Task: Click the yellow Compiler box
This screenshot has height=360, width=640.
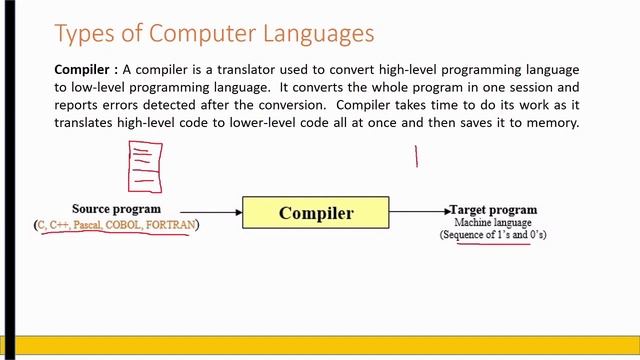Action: pos(316,212)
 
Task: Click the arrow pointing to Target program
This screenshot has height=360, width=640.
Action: pos(420,211)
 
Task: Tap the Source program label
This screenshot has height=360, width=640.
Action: pos(116,209)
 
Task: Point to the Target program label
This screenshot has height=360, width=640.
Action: pos(494,210)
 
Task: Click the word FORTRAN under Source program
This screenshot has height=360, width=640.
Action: pos(170,225)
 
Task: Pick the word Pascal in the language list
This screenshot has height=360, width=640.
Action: pos(87,225)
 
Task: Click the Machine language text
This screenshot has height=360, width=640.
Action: pos(493,222)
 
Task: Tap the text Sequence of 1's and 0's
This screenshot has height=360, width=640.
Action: pos(493,235)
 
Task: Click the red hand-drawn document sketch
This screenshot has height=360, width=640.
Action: pos(145,166)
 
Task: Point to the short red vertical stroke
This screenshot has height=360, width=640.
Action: pos(417,156)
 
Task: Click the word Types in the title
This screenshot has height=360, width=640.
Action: pos(84,34)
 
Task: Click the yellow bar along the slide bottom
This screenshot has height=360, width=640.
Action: pos(320,346)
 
